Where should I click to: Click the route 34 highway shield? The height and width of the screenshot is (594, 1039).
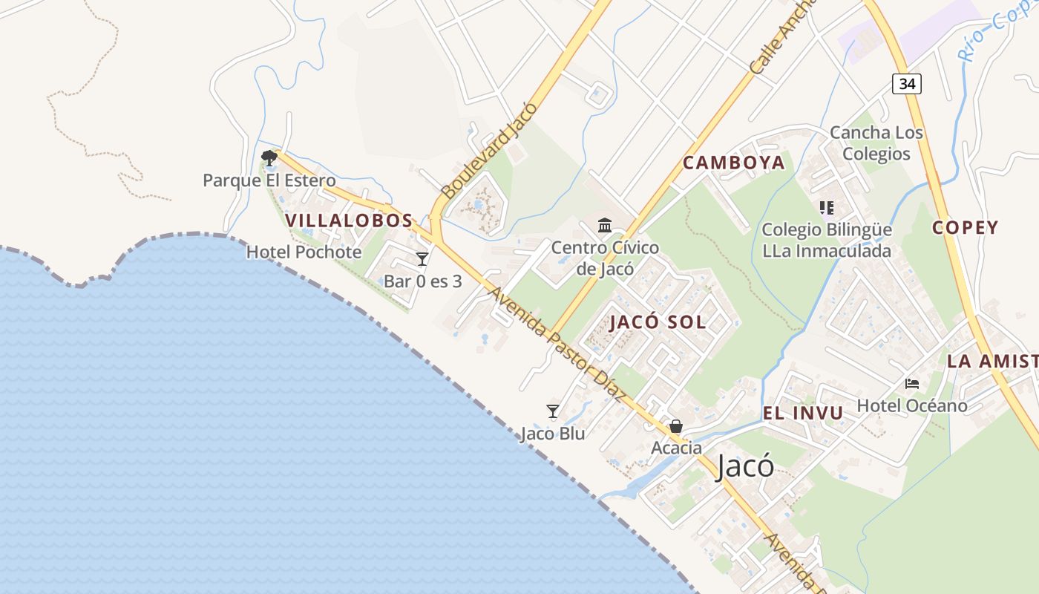(x=906, y=83)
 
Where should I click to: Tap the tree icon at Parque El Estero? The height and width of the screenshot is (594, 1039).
(x=269, y=157)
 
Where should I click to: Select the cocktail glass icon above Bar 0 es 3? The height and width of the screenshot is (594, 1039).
(x=422, y=258)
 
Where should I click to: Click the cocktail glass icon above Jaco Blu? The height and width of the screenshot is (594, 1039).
(x=553, y=411)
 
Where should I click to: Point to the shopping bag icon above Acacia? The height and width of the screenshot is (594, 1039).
(x=676, y=426)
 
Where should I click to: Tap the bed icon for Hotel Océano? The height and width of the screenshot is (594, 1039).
(x=912, y=384)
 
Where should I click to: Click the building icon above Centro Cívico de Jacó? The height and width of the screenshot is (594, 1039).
(x=605, y=225)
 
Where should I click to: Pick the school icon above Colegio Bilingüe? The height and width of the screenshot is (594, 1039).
(x=826, y=208)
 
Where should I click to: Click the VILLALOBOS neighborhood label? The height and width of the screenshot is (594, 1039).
(x=349, y=221)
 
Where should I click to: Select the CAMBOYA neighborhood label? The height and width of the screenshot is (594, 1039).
(x=733, y=163)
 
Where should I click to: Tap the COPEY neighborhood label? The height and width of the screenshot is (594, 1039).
(x=965, y=228)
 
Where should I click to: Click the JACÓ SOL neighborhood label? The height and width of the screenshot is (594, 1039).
(x=658, y=322)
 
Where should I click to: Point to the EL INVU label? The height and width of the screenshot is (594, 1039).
(x=803, y=414)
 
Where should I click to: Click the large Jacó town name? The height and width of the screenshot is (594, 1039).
(x=745, y=467)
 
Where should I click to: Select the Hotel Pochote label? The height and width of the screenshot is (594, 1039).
(x=304, y=252)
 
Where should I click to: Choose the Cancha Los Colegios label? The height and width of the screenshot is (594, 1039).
(x=876, y=143)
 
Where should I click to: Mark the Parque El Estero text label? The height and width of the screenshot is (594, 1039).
(x=269, y=180)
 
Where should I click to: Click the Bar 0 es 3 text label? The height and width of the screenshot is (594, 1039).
(x=422, y=281)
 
